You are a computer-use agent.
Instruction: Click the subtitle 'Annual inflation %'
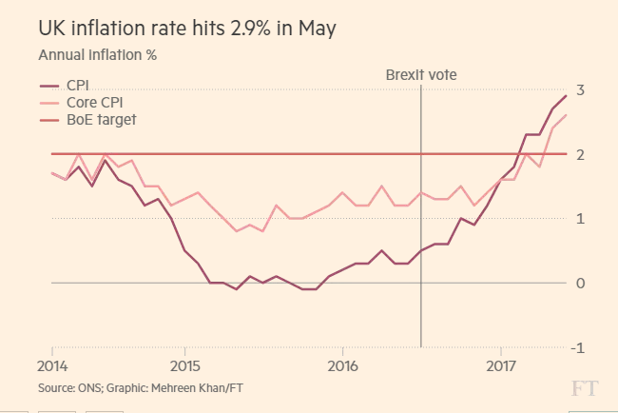(97, 55)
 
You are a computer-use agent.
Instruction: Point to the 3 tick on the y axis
(578, 89)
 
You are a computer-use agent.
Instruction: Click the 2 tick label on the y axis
(578, 154)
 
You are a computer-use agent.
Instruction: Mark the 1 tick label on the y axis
(578, 219)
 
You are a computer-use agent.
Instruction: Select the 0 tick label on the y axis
(578, 283)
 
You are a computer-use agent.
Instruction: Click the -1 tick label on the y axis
(575, 347)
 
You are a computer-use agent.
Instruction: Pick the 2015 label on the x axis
(184, 365)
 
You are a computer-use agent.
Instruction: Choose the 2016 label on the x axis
(342, 365)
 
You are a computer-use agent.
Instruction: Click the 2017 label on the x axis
(501, 365)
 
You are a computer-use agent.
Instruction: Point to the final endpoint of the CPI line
(567, 96)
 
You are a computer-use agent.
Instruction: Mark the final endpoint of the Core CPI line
(567, 115)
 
